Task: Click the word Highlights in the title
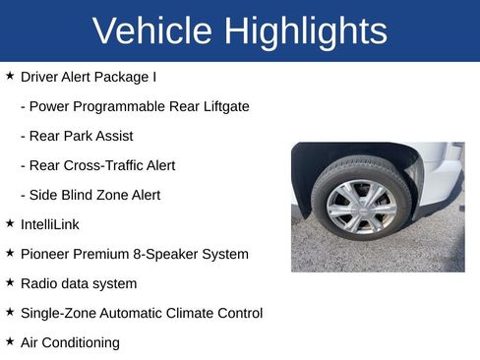pos(305,31)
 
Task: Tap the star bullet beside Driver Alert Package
pos(10,76)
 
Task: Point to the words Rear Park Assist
pos(82,136)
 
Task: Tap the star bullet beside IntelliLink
pos(10,223)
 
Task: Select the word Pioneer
pos(45,254)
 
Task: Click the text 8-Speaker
pos(167,254)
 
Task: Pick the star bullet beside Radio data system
pos(10,282)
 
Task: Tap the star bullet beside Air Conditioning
pos(10,341)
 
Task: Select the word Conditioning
pos(82,342)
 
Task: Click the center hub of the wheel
pos(361,205)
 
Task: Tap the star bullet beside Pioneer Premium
pos(10,253)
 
